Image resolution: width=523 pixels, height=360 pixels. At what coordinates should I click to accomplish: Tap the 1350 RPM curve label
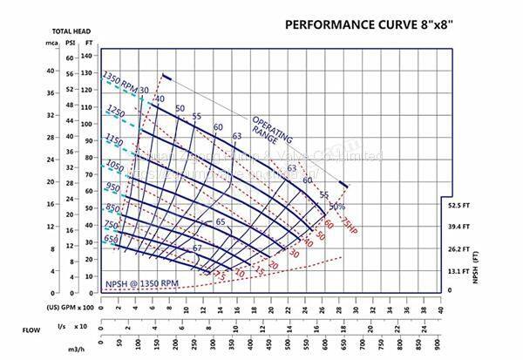(x=119, y=81)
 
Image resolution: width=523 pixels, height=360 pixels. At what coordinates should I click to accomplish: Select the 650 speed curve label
(x=112, y=239)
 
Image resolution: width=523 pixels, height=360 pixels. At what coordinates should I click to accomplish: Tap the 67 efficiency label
(x=197, y=249)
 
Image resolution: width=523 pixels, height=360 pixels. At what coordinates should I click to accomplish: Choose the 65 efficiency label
(x=221, y=222)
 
